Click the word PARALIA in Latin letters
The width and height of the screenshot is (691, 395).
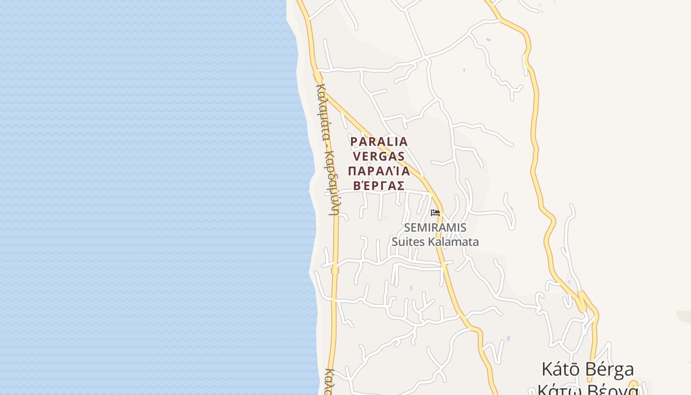[379, 142]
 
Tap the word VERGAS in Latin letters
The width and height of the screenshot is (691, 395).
[379, 157]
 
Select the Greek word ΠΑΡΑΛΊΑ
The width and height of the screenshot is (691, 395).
[379, 171]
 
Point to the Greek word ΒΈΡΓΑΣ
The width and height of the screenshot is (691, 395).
[379, 186]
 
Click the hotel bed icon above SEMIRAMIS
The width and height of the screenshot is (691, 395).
[435, 213]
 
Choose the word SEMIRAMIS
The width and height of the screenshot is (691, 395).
[435, 228]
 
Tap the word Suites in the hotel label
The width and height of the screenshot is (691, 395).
[408, 242]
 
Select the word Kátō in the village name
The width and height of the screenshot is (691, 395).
[560, 369]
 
